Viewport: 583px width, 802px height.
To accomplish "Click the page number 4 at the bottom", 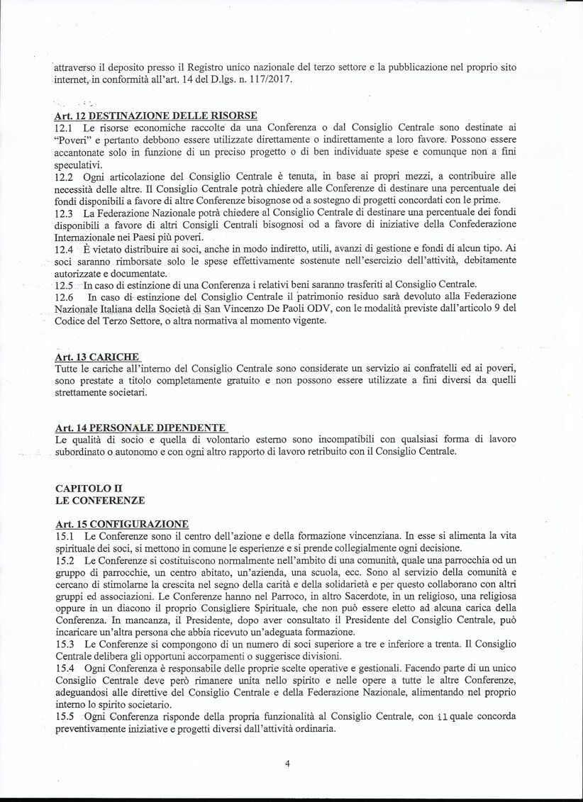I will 288,764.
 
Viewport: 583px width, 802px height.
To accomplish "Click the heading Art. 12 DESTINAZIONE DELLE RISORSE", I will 156,116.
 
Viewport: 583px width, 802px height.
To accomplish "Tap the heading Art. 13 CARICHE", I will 96,357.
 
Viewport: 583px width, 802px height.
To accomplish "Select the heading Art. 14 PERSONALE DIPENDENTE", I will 140,428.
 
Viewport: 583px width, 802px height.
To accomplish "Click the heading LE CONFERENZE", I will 99,501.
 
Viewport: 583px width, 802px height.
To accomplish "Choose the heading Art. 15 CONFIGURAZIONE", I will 121,524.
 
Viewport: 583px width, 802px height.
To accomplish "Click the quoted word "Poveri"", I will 74,140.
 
